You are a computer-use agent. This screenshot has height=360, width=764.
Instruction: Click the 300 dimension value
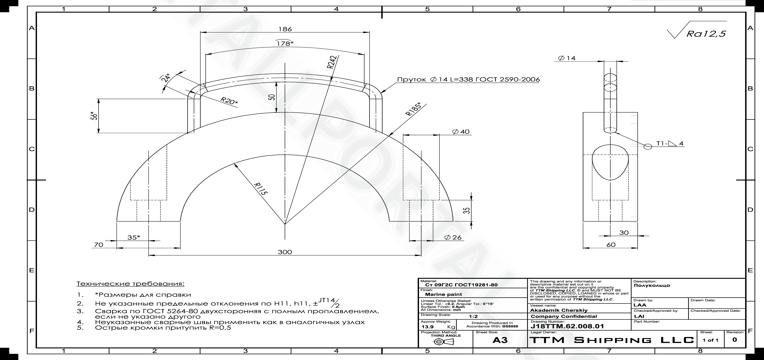(x=285, y=252)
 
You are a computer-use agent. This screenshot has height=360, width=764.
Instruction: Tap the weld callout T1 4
(x=670, y=144)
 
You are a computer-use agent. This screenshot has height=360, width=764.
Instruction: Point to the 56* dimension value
(x=94, y=116)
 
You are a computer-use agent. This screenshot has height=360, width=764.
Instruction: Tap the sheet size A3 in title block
(x=500, y=340)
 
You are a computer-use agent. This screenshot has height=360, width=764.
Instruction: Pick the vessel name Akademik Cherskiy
(x=559, y=310)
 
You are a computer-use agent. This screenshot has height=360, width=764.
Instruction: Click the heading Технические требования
(x=131, y=284)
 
